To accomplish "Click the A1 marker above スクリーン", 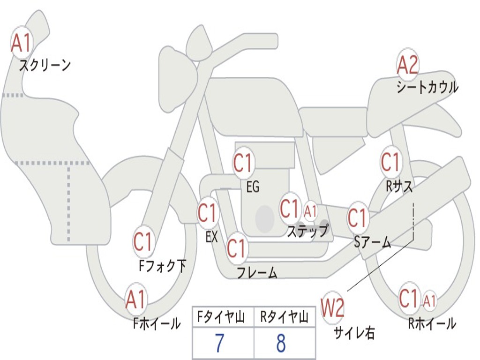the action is coord(21,43).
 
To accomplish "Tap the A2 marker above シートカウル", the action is coord(407,65).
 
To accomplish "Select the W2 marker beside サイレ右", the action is coord(332,307).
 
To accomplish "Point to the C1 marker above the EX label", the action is coord(208,212).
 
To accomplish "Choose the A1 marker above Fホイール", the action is coord(135,300).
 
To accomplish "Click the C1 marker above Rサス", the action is coord(390,161).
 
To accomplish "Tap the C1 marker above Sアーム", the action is coord(357,217).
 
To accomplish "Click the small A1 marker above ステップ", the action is coord(310,211).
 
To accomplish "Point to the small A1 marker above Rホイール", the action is coord(429,300).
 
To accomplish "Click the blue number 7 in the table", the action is coord(220,343).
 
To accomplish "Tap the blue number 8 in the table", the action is coord(281,343).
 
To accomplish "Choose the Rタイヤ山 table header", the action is coord(284,316).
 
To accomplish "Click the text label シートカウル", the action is coord(427,87).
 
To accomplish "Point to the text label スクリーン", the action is coord(45,65).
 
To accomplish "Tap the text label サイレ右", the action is coord(354,332).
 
